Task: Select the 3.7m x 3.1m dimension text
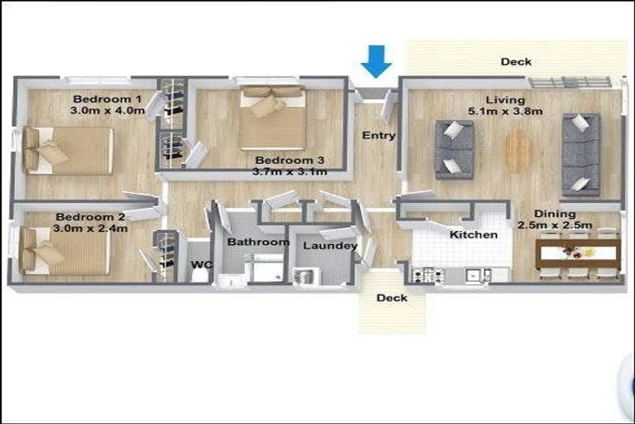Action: pos(289,171)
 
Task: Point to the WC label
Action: pos(201,265)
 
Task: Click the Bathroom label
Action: pos(258,243)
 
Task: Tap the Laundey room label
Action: pos(330,246)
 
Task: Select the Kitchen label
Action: pos(473,234)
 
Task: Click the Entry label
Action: pos(379,135)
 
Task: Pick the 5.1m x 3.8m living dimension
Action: pos(505,111)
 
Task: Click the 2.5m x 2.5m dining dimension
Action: pos(555,224)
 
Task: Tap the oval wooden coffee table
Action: pos(518,151)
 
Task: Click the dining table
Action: pos(577,252)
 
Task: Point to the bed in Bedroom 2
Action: pos(66,251)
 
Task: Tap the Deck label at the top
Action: pos(516,61)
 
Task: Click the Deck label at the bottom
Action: pos(392,298)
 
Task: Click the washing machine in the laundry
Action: pos(304,277)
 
